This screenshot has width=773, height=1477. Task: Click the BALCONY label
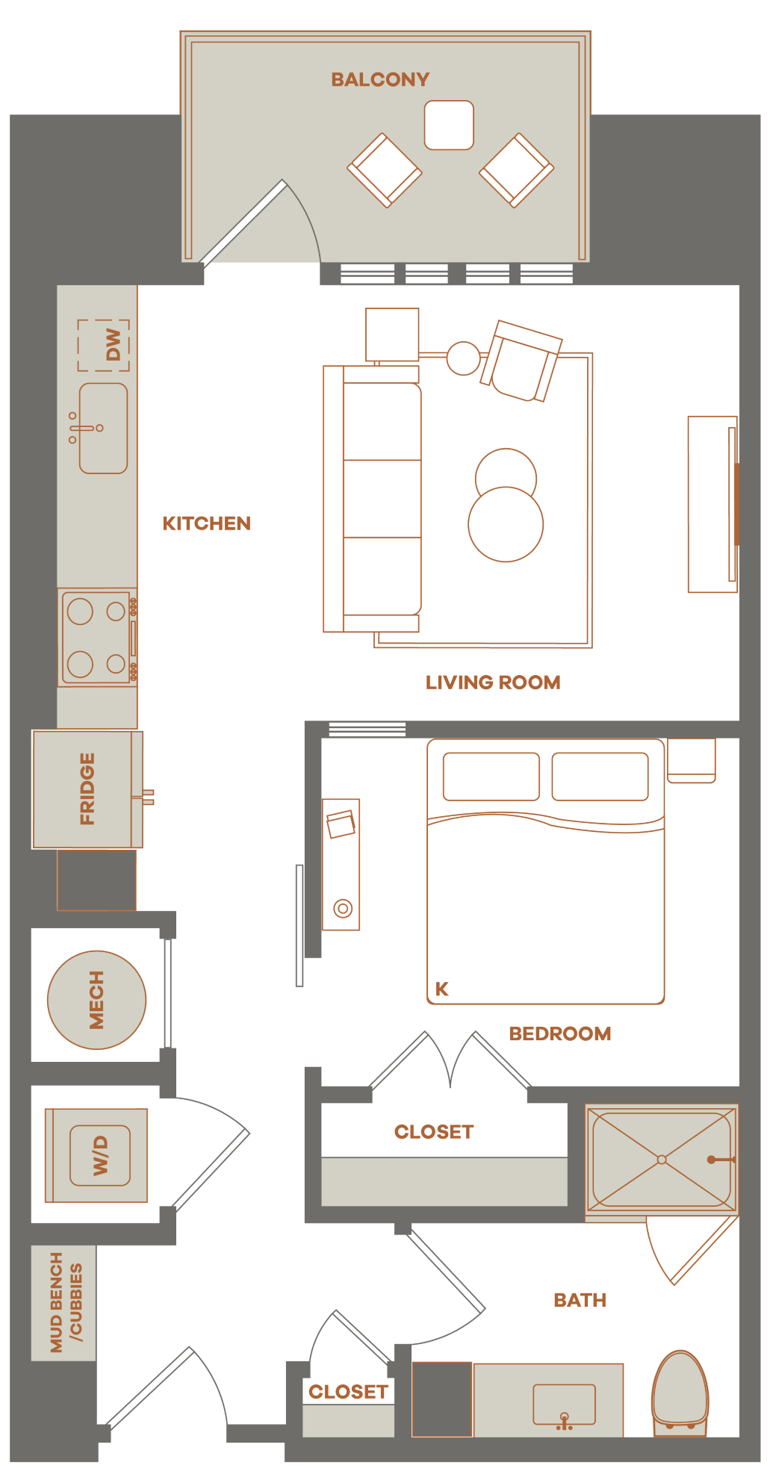coord(380,79)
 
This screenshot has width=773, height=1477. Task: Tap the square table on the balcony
coord(449,125)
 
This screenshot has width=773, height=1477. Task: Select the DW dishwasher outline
coord(104,345)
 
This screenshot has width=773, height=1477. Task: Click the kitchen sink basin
coord(104,429)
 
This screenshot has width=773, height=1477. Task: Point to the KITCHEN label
coord(207,523)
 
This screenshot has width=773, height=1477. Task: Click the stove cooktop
coord(98,638)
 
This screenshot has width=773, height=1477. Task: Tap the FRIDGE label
coord(87,789)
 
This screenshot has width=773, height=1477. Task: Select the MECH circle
coord(97,1000)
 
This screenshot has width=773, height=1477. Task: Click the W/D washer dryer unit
coord(97,1155)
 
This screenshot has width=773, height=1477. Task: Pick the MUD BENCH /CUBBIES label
coord(66,1302)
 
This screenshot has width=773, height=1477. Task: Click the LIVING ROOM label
coord(493,682)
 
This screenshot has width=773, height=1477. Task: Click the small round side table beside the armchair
coord(464,358)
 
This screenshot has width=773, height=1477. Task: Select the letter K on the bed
coord(442,989)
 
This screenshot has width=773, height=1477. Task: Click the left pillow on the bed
coord(491,777)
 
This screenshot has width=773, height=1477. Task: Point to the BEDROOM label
coord(560,1033)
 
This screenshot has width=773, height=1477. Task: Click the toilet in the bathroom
coord(680,1393)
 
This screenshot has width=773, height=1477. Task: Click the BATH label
coord(580,1300)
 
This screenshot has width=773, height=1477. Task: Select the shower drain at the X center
coord(662,1160)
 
